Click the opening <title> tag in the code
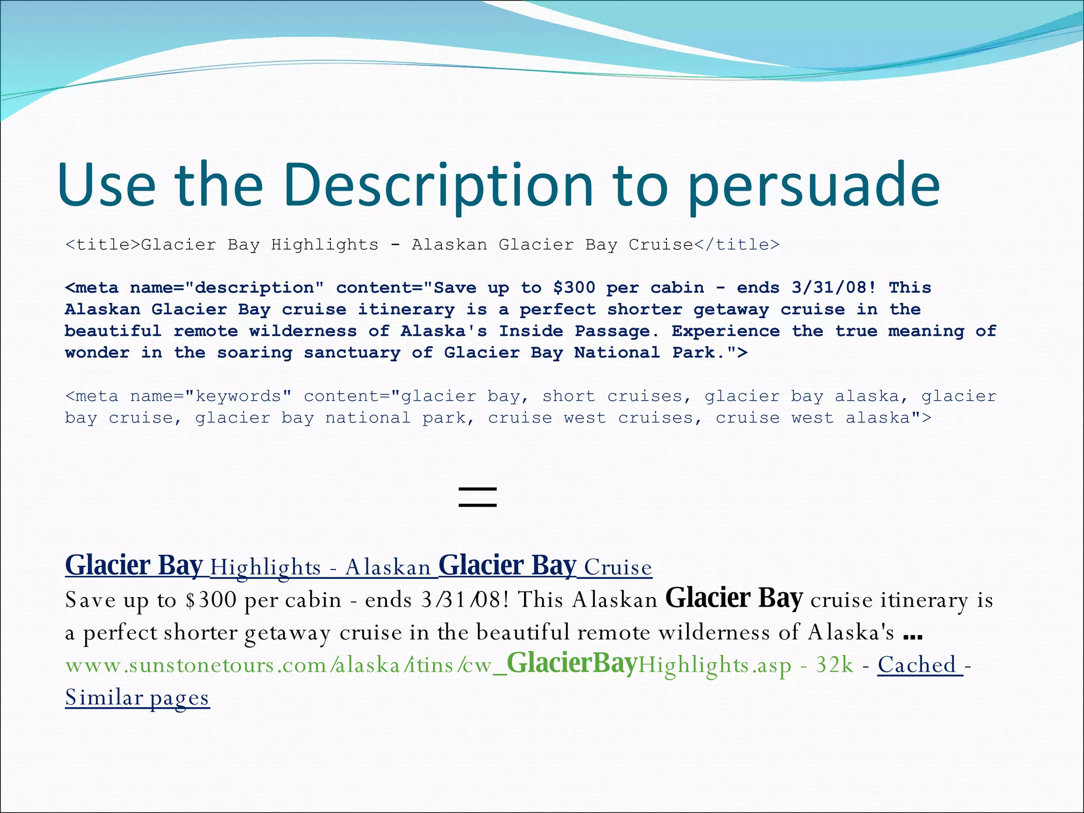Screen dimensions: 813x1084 pyautogui.click(x=103, y=245)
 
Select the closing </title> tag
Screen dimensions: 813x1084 pyautogui.click(x=737, y=245)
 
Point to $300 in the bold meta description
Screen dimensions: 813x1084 pyautogui.click(x=574, y=288)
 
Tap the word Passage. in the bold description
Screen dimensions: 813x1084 pyautogui.click(x=617, y=331)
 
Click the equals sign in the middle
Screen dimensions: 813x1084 pyautogui.click(x=477, y=497)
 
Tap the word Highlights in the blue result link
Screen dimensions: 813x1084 pyautogui.click(x=265, y=567)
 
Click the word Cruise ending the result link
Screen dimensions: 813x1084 pyautogui.click(x=618, y=567)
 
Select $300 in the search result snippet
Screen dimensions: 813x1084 pyautogui.click(x=211, y=600)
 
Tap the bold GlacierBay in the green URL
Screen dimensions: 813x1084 pyautogui.click(x=571, y=664)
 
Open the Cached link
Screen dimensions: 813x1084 pyautogui.click(x=919, y=665)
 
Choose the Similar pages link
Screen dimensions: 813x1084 pyautogui.click(x=137, y=698)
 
